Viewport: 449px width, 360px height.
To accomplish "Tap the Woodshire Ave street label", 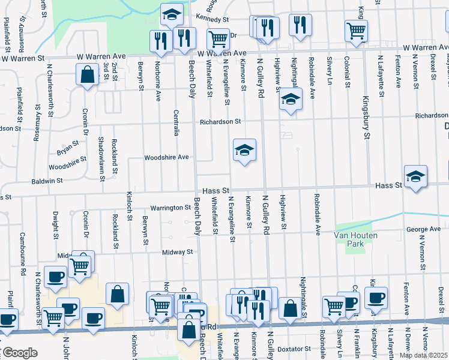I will [x=166, y=158].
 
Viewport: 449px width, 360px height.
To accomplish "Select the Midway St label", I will [x=177, y=253].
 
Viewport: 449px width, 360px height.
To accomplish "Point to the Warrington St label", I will [x=170, y=208].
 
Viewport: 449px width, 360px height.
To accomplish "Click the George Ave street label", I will [x=423, y=229].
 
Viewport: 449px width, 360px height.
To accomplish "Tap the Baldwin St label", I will [x=47, y=180].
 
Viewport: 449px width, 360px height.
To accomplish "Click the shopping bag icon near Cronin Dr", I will [x=88, y=75].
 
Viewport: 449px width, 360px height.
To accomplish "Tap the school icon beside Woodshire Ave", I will [x=244, y=151].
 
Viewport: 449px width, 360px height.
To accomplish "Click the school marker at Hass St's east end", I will [x=415, y=176].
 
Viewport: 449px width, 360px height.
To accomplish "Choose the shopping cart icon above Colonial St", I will [x=356, y=29].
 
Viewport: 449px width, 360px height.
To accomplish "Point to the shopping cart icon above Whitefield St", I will [x=218, y=39].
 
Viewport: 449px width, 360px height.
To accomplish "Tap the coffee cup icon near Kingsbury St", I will [x=376, y=297].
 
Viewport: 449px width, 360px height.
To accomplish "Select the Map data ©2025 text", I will [x=423, y=355].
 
